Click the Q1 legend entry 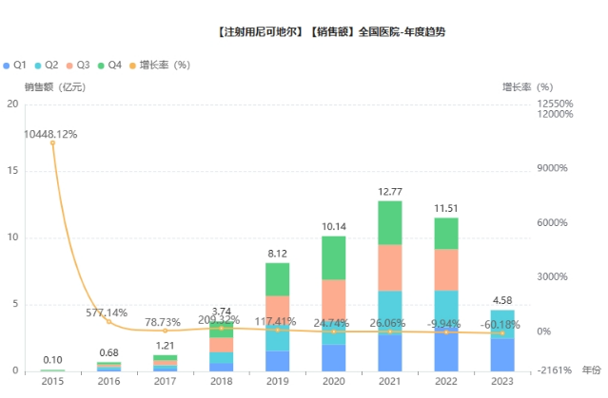click(14, 65)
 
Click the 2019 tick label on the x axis click(278, 381)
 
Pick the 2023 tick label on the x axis click(502, 381)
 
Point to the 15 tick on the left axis click(13, 171)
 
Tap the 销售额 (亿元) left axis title click(55, 86)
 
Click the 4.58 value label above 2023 click(502, 302)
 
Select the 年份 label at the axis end click(591, 369)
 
